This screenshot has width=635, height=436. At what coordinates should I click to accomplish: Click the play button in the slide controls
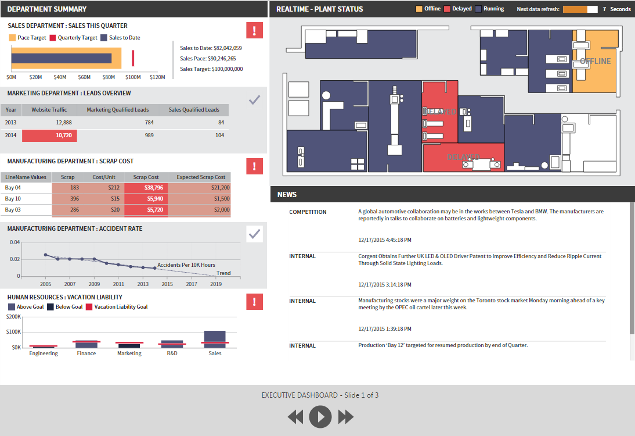click(x=320, y=417)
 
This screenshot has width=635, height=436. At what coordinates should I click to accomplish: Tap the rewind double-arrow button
click(x=295, y=417)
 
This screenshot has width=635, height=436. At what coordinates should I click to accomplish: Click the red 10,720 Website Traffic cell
click(x=49, y=135)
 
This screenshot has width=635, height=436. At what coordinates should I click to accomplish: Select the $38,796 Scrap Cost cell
click(x=146, y=188)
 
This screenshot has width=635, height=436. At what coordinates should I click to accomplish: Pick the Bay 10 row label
click(x=13, y=199)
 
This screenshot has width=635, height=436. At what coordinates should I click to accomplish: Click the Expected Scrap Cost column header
click(x=201, y=177)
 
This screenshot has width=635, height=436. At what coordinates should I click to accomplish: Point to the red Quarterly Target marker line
click(x=133, y=58)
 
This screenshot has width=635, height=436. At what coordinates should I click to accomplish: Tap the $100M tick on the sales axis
click(x=133, y=77)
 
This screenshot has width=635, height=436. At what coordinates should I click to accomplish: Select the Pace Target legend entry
click(x=27, y=38)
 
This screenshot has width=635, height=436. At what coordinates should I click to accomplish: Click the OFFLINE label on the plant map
click(x=596, y=61)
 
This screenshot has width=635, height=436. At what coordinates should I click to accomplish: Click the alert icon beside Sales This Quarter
click(x=254, y=30)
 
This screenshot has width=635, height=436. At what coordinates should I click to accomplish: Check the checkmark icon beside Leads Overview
click(x=254, y=100)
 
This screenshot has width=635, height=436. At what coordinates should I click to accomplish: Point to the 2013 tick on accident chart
click(x=143, y=284)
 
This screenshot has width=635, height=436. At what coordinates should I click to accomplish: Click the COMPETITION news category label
click(x=308, y=212)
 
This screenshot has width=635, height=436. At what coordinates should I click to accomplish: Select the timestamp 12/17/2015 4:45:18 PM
click(x=385, y=240)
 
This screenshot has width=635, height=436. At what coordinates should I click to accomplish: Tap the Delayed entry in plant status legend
click(x=458, y=9)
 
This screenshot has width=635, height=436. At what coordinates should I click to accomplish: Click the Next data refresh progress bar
click(x=580, y=9)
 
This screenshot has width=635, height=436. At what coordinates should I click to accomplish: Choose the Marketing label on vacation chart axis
click(x=129, y=353)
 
